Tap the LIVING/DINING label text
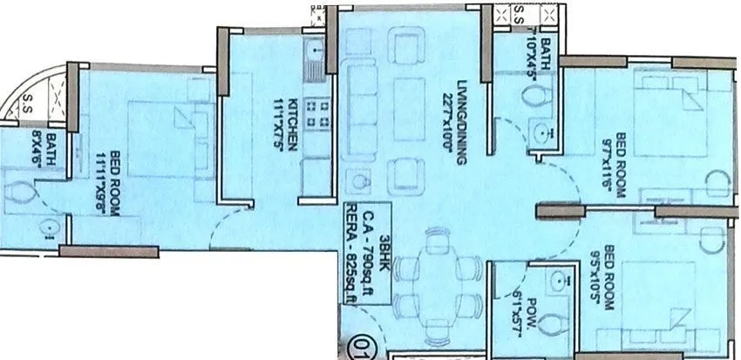pyautogui.click(x=449, y=122)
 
